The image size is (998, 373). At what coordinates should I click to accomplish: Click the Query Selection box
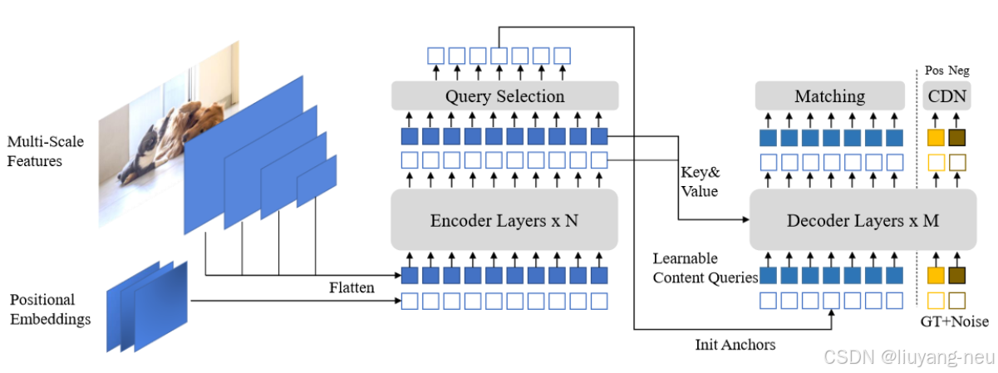504,96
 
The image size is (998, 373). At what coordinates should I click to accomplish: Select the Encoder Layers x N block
504,220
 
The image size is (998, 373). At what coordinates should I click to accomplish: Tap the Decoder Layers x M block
863,220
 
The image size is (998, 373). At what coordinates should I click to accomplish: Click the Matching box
829,96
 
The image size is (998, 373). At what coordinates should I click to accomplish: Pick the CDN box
947,96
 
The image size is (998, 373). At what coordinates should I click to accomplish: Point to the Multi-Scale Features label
46,151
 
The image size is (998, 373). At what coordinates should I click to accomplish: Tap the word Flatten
352,287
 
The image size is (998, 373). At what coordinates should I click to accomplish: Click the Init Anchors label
735,343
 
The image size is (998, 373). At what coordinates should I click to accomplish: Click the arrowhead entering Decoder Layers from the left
745,220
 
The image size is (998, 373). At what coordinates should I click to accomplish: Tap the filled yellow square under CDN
936,137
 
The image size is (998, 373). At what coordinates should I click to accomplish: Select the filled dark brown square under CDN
957,137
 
